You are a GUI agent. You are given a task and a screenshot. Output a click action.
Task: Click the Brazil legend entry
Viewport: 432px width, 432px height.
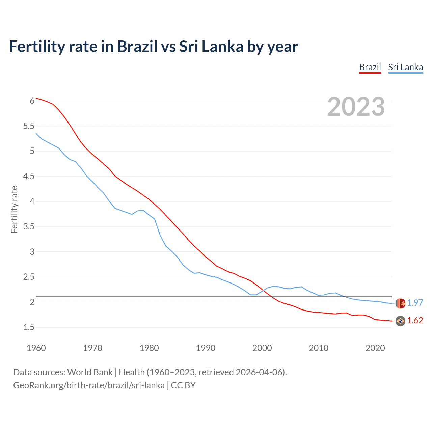tap(370, 67)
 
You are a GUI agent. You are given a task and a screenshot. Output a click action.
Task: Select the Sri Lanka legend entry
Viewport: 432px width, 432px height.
tap(405, 67)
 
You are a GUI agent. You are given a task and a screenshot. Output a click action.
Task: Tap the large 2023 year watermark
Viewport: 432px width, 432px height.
tap(356, 107)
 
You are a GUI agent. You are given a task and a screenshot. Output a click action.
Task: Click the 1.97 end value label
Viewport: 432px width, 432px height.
tap(415, 303)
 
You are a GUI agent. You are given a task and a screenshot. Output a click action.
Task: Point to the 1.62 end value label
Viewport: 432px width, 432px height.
tap(415, 320)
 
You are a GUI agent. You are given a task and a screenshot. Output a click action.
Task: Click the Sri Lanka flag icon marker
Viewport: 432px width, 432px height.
tap(400, 303)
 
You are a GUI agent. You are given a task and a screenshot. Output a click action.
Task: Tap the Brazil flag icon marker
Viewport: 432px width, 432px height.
tap(400, 321)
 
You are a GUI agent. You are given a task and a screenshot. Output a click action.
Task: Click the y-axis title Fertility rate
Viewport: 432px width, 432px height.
tap(14, 209)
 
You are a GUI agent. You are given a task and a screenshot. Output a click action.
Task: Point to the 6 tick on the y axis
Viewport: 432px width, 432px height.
tap(32, 101)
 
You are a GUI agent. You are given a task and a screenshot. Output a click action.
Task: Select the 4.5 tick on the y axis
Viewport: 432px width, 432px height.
tap(29, 176)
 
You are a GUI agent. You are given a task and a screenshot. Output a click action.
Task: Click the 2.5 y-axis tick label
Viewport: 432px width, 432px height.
tap(29, 277)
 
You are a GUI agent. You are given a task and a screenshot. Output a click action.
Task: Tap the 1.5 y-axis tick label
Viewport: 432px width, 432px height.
tap(29, 327)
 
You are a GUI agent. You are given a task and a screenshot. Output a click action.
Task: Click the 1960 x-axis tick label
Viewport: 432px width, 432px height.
tap(36, 348)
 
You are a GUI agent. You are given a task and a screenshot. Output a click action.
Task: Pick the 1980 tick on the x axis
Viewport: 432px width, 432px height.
tap(149, 348)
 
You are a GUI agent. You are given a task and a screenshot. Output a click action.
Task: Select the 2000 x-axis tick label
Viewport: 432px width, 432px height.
tap(262, 348)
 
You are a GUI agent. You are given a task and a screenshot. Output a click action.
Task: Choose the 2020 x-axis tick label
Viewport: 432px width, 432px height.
tap(375, 348)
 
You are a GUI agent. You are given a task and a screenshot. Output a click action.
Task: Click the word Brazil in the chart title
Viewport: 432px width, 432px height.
tap(137, 47)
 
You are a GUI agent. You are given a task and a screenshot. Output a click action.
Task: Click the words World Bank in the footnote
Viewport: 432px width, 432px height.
tap(90, 372)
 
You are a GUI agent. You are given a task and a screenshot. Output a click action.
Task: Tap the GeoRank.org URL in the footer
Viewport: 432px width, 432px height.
tap(89, 385)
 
